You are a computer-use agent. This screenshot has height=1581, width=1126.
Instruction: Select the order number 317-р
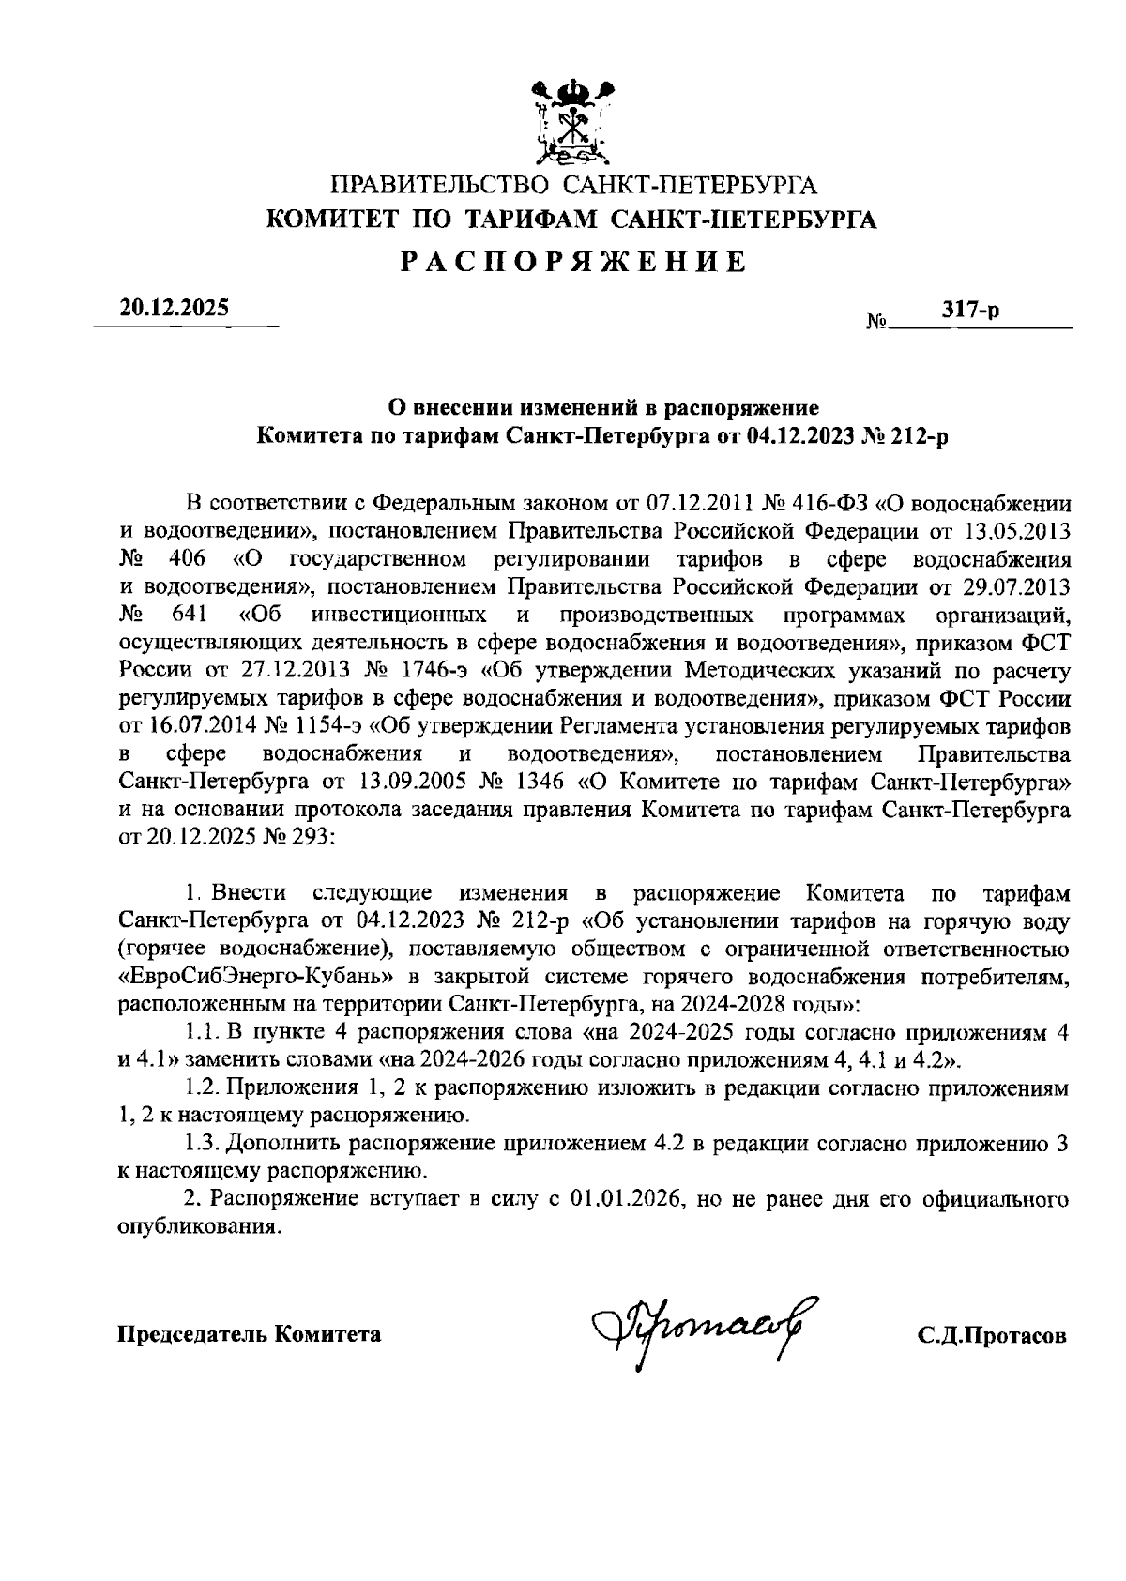pyautogui.click(x=970, y=311)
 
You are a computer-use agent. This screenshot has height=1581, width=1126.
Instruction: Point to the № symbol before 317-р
pyautogui.click(x=877, y=322)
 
